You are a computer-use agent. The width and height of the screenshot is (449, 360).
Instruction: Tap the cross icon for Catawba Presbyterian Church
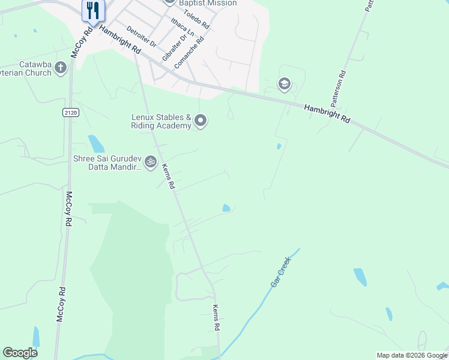tap(61, 68)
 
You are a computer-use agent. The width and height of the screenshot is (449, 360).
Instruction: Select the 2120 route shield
tap(70, 112)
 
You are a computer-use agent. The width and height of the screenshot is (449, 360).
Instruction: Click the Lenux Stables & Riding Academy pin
tap(201, 121)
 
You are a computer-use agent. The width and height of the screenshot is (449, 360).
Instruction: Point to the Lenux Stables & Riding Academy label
tap(161, 122)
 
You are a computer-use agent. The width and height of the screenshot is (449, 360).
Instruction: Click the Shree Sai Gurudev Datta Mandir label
tap(106, 163)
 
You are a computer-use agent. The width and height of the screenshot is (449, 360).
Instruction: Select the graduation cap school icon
tap(285, 84)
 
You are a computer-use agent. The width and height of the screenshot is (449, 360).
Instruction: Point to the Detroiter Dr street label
tap(142, 37)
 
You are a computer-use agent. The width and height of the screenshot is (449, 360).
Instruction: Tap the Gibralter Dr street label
tap(171, 43)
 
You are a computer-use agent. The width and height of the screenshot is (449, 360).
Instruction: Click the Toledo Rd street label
tap(196, 20)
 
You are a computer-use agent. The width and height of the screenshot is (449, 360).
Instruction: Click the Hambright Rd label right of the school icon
tap(327, 114)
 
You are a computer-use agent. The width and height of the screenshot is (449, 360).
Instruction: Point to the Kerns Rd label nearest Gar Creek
tap(216, 317)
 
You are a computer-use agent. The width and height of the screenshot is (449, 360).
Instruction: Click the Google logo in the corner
tap(20, 353)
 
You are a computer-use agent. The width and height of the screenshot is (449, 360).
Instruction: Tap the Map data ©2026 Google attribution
tap(412, 355)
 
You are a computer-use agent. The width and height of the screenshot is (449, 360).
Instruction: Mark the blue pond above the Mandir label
tap(96, 144)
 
